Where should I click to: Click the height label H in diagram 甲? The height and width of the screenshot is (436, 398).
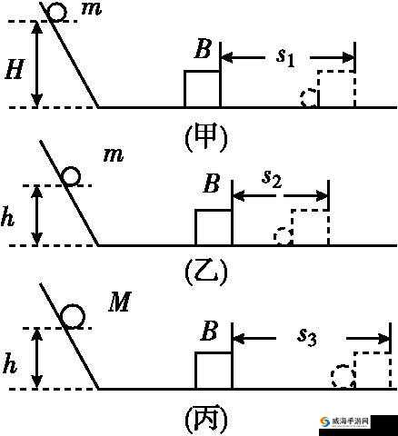(x=15, y=69)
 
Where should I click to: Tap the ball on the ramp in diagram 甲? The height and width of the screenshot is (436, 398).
(x=57, y=13)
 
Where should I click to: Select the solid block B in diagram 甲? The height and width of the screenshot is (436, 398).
(x=203, y=89)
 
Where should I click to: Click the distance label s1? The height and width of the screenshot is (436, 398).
(x=285, y=57)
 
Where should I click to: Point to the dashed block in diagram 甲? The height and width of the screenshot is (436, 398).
(x=336, y=89)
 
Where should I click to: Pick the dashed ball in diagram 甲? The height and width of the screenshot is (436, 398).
(x=308, y=98)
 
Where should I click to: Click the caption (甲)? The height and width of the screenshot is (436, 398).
(x=206, y=137)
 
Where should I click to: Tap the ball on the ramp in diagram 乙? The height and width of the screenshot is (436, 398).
(x=71, y=176)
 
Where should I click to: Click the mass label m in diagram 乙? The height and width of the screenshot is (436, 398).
(x=114, y=155)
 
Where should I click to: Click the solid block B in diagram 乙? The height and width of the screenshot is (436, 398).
(x=214, y=227)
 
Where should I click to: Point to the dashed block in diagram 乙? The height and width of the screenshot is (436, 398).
(x=310, y=227)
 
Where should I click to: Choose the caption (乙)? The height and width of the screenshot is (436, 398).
(x=206, y=272)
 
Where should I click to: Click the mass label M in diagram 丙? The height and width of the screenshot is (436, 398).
(x=120, y=302)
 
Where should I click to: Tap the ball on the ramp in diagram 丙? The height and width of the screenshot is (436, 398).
(x=73, y=316)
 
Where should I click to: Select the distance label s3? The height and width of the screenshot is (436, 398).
(x=307, y=336)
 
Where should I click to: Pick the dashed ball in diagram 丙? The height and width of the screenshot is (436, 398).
(x=343, y=376)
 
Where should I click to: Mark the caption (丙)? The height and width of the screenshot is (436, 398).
(x=206, y=420)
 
